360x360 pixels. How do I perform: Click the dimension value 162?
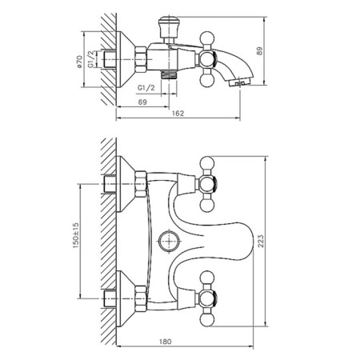[178, 114]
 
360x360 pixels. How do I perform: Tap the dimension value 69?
[142, 102]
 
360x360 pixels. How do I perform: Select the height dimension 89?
[259, 51]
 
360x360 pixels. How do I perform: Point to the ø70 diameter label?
[79, 62]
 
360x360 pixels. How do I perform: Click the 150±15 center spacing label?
[76, 235]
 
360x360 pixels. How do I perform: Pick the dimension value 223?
[261, 241]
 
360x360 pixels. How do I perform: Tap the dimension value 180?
[166, 342]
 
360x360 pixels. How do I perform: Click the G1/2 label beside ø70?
[91, 59]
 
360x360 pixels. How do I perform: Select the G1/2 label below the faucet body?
[146, 88]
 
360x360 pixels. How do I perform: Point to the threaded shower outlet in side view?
[169, 74]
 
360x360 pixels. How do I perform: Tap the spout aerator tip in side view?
[239, 82]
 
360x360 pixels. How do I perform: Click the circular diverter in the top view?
[170, 241]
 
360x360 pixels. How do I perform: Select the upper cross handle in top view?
[207, 184]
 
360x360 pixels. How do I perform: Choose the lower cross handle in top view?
[207, 298]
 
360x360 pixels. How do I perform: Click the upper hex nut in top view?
[141, 184]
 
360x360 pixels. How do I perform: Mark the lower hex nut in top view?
[141, 298]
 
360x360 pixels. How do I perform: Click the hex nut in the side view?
[141, 59]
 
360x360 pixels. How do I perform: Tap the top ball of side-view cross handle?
[207, 38]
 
